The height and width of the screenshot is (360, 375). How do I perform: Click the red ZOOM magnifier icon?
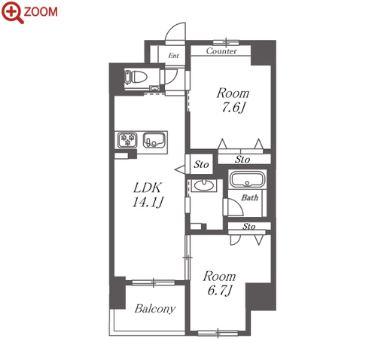click(x=13, y=13)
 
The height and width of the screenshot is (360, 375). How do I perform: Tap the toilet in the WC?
click(x=136, y=77)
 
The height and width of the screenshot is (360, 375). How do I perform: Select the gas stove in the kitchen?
click(x=127, y=140)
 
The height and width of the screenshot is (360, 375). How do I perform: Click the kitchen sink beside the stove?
click(x=154, y=140)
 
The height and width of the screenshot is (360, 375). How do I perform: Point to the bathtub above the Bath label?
click(x=247, y=179)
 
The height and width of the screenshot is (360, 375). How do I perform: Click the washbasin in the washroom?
click(x=203, y=185)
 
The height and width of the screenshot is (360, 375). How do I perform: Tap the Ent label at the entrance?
click(x=173, y=56)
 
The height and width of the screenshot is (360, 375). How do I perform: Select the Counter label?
click(x=221, y=51)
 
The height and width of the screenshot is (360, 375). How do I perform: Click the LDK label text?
click(x=148, y=188)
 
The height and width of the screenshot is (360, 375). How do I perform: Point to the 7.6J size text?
click(x=233, y=108)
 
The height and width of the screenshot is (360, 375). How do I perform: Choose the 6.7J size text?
click(x=220, y=290)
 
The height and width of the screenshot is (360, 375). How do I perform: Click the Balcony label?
click(x=155, y=309)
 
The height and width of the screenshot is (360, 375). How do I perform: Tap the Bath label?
click(x=250, y=198)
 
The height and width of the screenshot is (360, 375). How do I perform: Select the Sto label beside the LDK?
click(x=201, y=164)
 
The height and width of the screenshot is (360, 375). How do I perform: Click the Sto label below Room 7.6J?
click(x=242, y=159)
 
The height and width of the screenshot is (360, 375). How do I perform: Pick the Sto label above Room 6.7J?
click(x=249, y=227)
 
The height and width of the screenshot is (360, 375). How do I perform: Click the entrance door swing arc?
click(x=172, y=27)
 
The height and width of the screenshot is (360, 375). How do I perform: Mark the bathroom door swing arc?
click(x=238, y=203)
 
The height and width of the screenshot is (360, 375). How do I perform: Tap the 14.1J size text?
click(x=148, y=202)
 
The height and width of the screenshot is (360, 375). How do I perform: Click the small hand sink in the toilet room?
click(x=154, y=88)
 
